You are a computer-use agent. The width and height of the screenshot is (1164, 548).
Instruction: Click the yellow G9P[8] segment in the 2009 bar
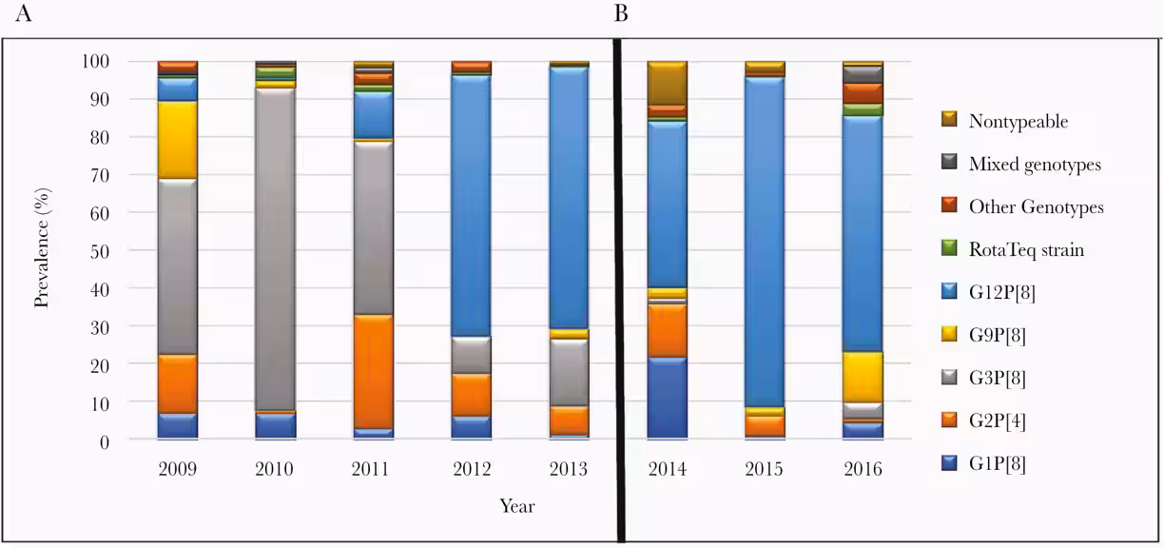(x=177, y=139)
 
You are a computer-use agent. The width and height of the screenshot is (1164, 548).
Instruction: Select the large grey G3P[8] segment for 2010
(x=275, y=248)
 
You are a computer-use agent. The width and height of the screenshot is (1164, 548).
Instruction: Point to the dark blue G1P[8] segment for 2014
(x=667, y=398)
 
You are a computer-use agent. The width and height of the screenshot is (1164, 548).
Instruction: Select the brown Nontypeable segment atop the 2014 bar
(x=667, y=83)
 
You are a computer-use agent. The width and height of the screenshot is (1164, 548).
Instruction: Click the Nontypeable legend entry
(x=1018, y=121)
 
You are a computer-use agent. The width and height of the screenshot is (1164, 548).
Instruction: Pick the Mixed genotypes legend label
(x=1035, y=164)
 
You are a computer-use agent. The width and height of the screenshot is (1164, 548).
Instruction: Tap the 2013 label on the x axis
(x=569, y=469)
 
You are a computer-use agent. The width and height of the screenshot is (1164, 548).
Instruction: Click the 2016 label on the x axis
(x=863, y=469)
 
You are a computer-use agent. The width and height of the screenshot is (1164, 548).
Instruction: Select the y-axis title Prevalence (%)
(x=43, y=249)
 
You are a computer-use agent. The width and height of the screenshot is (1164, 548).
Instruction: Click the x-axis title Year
(x=517, y=506)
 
